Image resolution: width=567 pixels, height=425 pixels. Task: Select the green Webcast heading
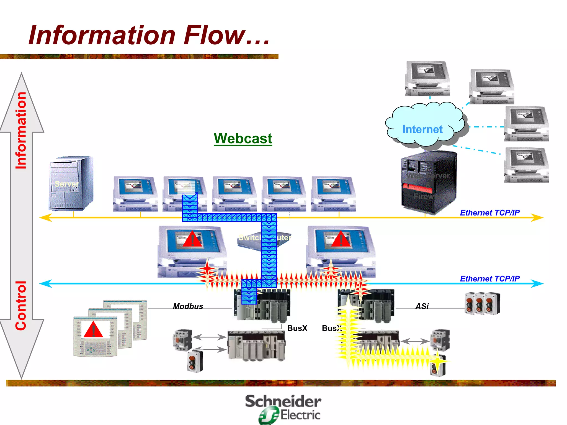pyautogui.click(x=243, y=138)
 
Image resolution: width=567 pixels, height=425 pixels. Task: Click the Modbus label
pyautogui.click(x=188, y=306)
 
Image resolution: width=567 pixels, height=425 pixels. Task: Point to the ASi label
pyautogui.click(x=422, y=306)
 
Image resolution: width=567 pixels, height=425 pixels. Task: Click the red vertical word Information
pyautogui.click(x=21, y=130)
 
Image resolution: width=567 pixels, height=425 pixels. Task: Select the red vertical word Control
pyautogui.click(x=21, y=305)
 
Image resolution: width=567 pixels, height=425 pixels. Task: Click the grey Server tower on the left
pyautogui.click(x=71, y=183)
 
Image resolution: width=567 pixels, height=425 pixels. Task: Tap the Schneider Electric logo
pyautogui.click(x=283, y=409)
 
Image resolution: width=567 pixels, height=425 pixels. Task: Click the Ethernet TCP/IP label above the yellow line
pyautogui.click(x=489, y=212)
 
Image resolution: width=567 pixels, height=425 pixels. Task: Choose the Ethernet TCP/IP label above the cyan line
pyautogui.click(x=489, y=278)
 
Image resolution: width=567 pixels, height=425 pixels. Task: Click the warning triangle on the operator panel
pyautogui.click(x=93, y=330)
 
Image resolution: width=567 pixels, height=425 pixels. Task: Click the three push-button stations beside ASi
pyautogui.click(x=482, y=303)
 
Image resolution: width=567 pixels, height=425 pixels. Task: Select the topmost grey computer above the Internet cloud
pyautogui.click(x=427, y=78)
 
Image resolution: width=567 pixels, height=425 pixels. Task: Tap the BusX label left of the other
pyautogui.click(x=297, y=328)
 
